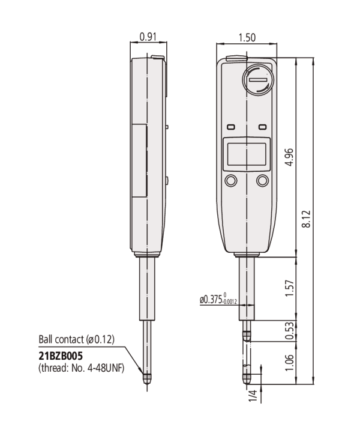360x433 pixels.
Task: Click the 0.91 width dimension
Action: [x=148, y=37]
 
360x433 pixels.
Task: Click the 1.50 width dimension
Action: [x=246, y=37]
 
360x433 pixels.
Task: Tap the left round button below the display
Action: [x=230, y=181]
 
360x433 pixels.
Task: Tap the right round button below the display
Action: [x=262, y=181]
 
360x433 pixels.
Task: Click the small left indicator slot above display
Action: [x=231, y=127]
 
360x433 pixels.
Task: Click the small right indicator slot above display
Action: [x=262, y=127]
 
